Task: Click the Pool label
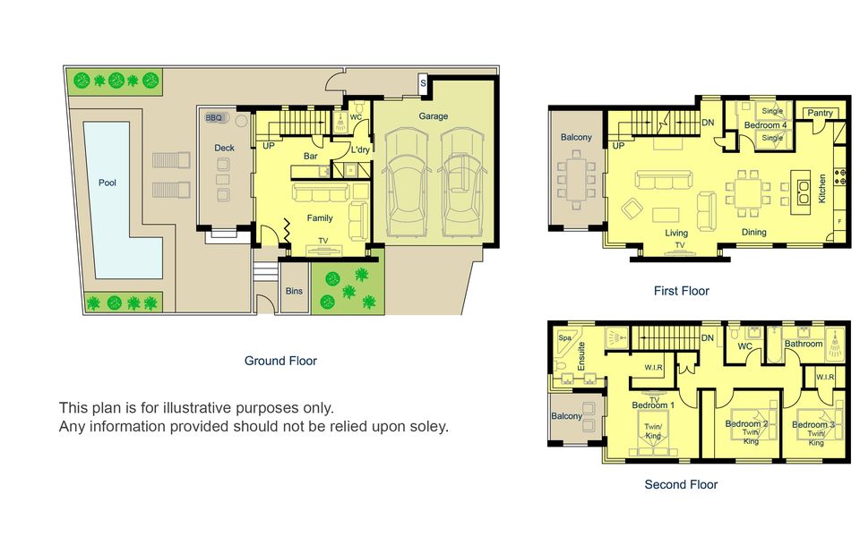(107, 183)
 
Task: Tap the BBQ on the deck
(214, 117)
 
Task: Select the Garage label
(433, 116)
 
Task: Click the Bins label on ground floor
(294, 291)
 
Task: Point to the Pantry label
(820, 113)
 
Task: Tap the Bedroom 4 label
(766, 126)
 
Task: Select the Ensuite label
(581, 356)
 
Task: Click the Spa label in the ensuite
(564, 338)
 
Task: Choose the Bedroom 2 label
(746, 423)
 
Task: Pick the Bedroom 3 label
(815, 424)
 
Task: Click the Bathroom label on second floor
(804, 344)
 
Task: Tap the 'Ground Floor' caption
(280, 361)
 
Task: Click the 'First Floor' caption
(681, 290)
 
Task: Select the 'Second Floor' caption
(681, 484)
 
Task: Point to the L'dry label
(361, 149)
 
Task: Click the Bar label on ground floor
(311, 157)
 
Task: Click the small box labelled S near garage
(424, 85)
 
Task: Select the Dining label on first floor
(754, 233)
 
